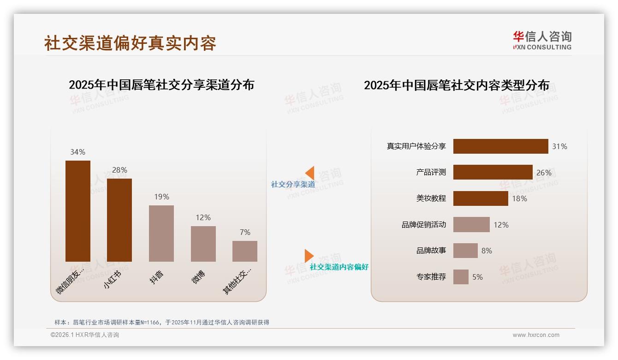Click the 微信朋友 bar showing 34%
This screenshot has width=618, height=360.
[78, 211]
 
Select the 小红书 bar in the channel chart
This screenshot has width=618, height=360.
[119, 220]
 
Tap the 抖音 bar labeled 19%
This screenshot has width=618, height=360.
[161, 233]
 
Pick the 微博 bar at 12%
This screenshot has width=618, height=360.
[203, 244]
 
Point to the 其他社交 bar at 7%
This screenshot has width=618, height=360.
[245, 251]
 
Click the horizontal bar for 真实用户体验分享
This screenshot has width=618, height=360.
[500, 146]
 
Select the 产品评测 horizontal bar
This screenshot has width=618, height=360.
[493, 172]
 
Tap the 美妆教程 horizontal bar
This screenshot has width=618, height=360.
[481, 198]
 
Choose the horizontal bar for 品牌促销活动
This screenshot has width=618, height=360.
[471, 225]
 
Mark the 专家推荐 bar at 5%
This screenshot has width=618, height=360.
[461, 277]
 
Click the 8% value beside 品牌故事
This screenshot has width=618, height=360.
[487, 251]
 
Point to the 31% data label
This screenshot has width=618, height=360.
[559, 146]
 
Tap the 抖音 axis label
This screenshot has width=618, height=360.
[157, 277]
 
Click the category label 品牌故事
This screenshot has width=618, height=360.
[431, 251]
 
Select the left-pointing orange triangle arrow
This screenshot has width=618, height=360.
[309, 173]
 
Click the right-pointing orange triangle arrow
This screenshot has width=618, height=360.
[309, 256]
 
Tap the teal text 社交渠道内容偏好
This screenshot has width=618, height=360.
[339, 267]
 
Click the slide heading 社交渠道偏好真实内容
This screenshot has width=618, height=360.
[130, 43]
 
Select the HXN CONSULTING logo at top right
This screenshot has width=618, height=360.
[542, 41]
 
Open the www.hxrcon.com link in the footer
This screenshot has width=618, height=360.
[536, 335]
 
